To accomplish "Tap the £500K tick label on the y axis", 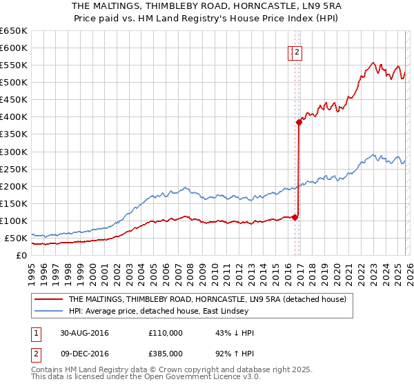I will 13,83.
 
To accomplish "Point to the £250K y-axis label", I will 13,169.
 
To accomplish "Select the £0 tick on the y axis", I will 21,256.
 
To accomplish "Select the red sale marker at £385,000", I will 299,122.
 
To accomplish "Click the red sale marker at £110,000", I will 295,217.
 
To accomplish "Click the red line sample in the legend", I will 49,300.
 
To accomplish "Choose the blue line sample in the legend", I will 49,312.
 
